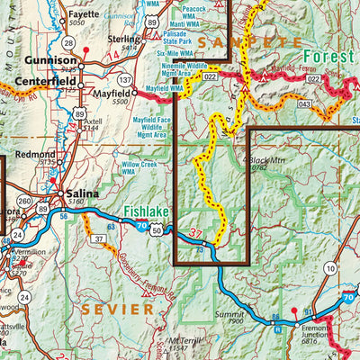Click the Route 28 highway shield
68,42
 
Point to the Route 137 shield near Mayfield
124,80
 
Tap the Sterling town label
124,40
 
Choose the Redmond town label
35,155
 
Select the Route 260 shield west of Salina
25,201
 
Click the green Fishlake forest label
146,213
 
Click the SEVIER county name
118,309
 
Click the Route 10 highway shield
330,267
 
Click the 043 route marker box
305,104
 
